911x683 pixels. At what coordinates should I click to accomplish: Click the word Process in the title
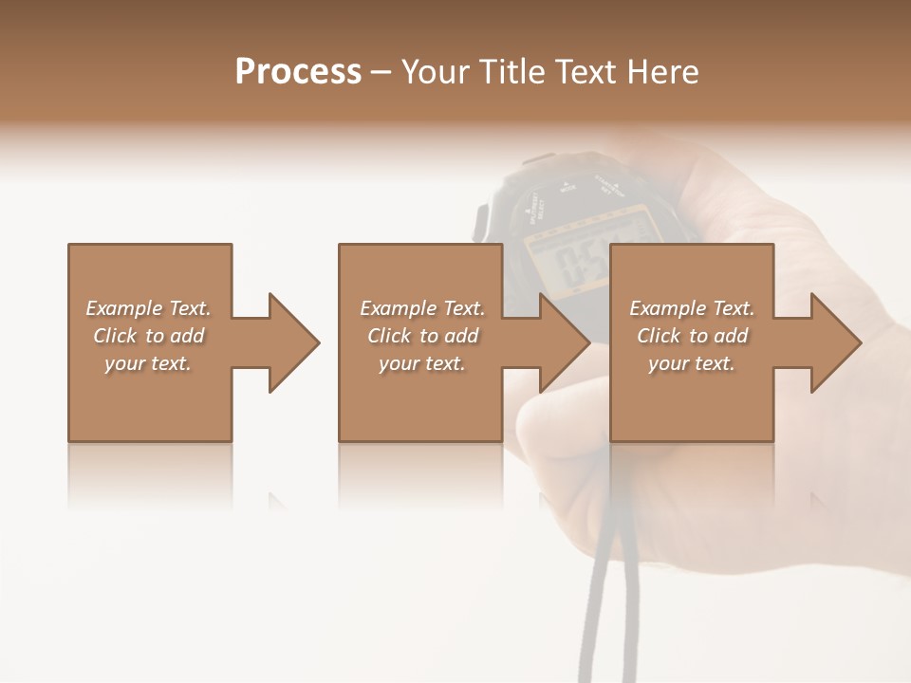pos(298,72)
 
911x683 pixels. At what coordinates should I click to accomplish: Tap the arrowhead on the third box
pos(834,342)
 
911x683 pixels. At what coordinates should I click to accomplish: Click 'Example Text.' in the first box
pos(148,308)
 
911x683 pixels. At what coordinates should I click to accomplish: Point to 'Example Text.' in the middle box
pos(421,308)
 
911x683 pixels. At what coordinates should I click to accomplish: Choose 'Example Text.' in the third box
pos(692,308)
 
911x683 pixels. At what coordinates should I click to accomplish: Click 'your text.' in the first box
pos(148,363)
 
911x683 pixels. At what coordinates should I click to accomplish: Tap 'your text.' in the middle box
pos(421,363)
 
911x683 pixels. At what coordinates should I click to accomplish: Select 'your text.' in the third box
pos(692,363)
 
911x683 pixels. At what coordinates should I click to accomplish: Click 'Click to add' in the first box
pos(148,336)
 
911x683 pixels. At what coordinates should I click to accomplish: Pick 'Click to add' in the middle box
pos(421,336)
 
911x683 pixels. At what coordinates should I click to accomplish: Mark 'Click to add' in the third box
pos(692,336)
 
